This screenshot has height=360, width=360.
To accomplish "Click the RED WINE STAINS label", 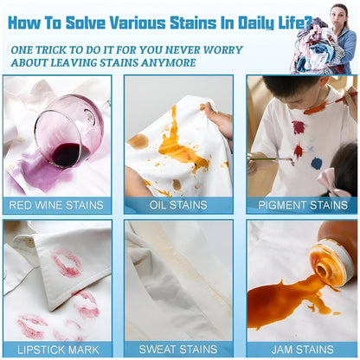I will [56, 205].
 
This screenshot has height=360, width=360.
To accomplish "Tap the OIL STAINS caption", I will [179, 205].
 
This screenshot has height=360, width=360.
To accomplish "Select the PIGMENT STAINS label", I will [303, 205].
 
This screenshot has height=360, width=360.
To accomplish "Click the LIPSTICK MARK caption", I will [56, 350].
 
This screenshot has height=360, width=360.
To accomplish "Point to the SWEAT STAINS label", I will [179, 350].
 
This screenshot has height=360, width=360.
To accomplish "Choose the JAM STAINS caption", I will [303, 350].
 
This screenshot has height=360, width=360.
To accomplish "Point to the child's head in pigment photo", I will [286, 91].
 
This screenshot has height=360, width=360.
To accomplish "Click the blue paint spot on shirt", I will [317, 163].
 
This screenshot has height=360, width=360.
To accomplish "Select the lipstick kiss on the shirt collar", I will [66, 262].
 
